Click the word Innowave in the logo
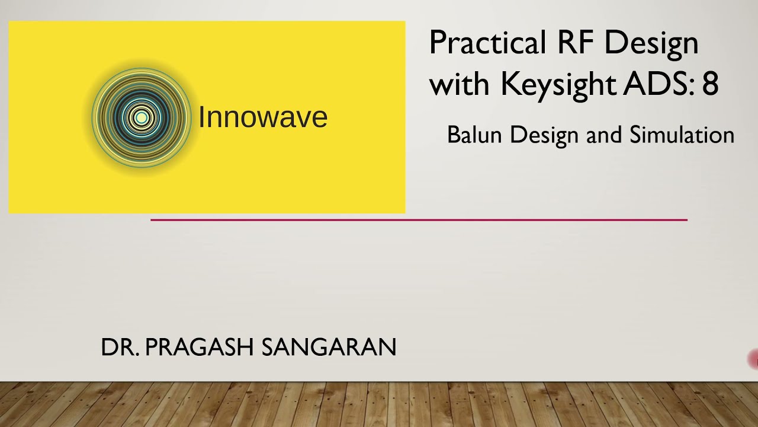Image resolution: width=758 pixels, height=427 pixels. (262, 117)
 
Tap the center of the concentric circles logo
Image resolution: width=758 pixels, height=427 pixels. (141, 117)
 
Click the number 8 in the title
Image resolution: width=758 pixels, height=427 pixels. (711, 84)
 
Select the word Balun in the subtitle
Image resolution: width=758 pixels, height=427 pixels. (476, 135)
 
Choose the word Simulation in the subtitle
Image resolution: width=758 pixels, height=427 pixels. (682, 135)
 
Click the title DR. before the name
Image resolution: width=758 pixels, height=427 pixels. (120, 348)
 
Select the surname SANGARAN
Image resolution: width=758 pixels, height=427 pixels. (329, 348)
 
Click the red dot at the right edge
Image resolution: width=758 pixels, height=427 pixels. (754, 359)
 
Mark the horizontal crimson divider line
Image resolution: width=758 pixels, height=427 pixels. (419, 220)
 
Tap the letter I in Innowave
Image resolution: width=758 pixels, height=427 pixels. (201, 117)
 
